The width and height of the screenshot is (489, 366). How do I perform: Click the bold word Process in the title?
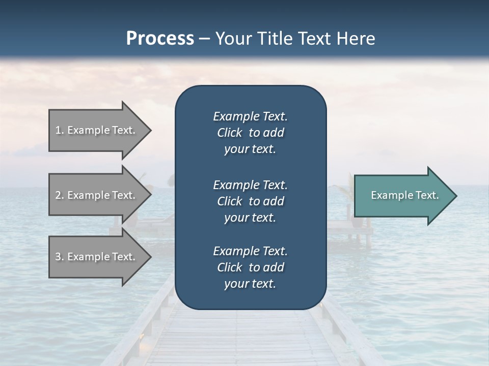[160, 38]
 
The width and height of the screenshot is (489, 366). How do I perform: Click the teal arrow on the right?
[402, 196]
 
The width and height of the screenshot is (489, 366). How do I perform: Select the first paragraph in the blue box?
[250, 133]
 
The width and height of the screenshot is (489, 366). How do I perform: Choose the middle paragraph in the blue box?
[250, 201]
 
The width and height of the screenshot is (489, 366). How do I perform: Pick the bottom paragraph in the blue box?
[250, 267]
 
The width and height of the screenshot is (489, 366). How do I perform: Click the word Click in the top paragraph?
[230, 133]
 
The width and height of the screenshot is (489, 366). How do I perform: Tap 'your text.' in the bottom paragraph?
[250, 284]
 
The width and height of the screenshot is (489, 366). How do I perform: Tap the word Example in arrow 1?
[88, 130]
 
